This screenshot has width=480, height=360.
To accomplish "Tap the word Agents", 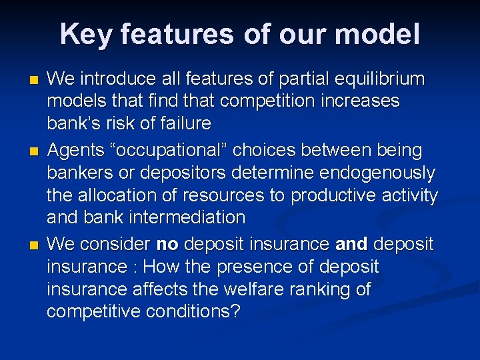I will click(75, 151).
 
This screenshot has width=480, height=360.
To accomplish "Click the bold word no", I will click(167, 245).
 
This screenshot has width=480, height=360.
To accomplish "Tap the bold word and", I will click(351, 245).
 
